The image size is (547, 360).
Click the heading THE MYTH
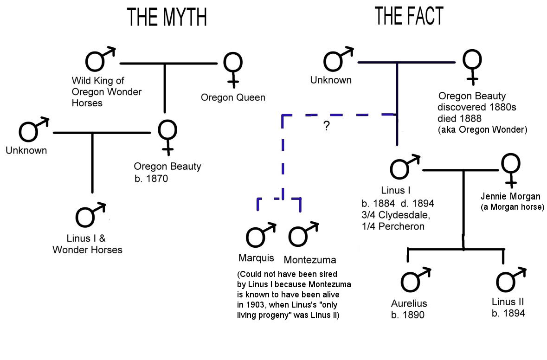click(x=167, y=17)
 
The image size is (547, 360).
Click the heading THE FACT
click(x=409, y=16)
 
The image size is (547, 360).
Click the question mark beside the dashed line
click(x=327, y=126)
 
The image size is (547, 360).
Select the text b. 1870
click(x=151, y=179)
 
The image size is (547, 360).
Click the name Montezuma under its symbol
click(x=310, y=260)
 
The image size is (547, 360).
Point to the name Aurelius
click(x=409, y=303)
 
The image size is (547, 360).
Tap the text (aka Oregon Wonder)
click(x=483, y=130)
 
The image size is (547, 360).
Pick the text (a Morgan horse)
click(x=513, y=207)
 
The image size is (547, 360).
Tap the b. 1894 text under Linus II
click(x=508, y=313)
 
